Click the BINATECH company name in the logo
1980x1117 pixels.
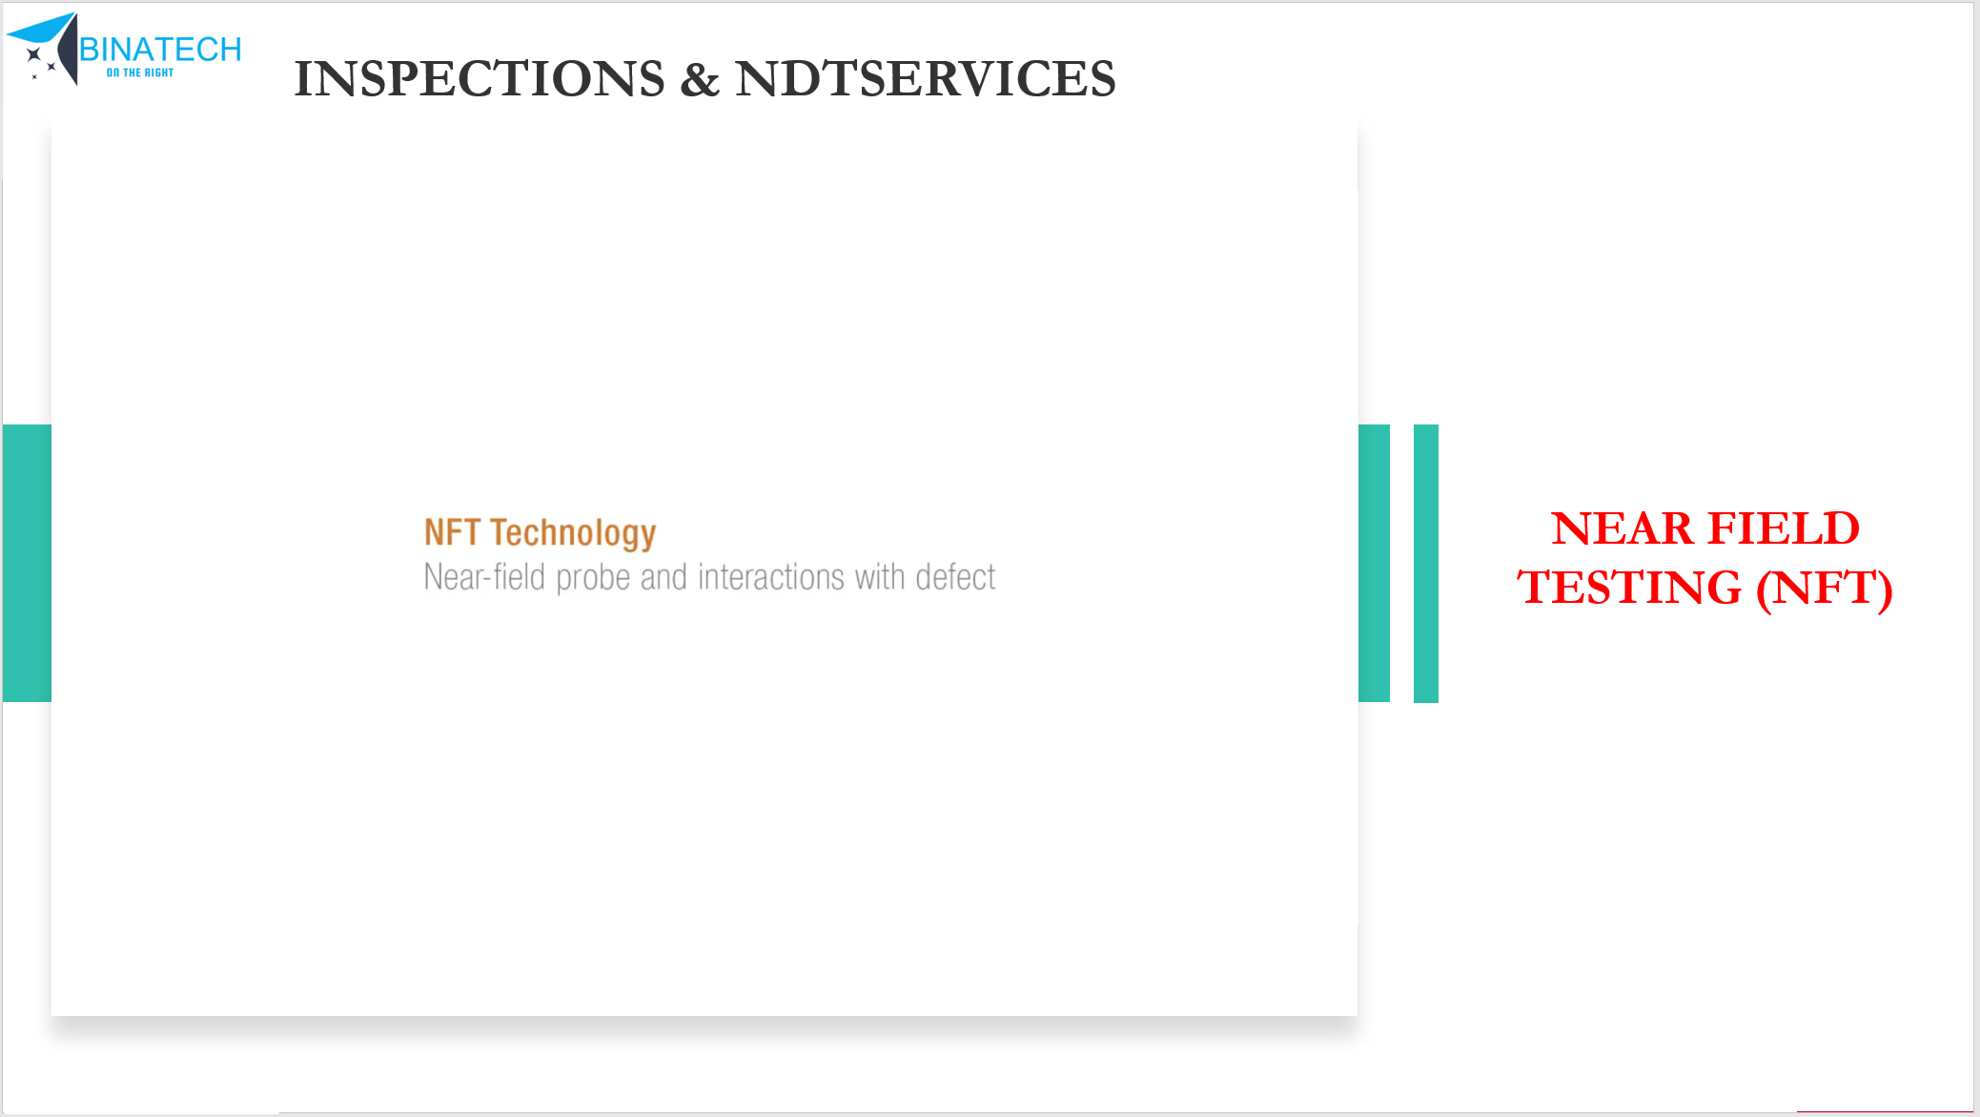point(160,49)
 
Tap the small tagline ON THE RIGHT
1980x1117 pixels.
point(140,72)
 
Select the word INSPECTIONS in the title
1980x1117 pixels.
point(480,78)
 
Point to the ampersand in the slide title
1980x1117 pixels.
point(700,79)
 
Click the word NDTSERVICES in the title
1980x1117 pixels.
point(925,78)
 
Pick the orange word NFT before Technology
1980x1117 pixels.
point(452,532)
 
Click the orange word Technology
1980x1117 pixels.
point(573,534)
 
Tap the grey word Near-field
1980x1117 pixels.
point(484,577)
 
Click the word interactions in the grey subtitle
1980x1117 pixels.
point(771,577)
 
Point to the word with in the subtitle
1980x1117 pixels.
point(880,577)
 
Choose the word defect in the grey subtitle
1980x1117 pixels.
point(955,577)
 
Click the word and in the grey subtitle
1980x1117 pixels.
point(663,577)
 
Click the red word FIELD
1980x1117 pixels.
point(1783,527)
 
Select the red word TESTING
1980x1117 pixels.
point(1629,587)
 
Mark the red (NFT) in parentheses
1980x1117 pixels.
point(1825,588)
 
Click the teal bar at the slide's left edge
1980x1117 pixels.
point(27,563)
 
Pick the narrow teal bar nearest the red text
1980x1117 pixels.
point(1426,564)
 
